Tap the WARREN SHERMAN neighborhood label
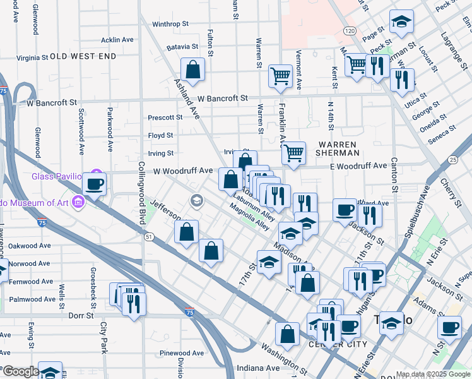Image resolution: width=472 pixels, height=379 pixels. (338, 148)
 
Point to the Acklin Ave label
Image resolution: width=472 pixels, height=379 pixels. (117, 40)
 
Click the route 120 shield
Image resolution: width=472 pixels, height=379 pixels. (349, 30)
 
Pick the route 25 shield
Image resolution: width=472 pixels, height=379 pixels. (453, 160)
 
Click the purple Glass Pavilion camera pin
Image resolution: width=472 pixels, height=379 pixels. (96, 173)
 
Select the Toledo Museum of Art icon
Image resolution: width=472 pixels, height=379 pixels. (78, 202)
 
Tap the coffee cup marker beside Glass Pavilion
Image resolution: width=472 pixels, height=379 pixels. (94, 185)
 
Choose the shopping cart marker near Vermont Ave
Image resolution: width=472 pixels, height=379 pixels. (280, 76)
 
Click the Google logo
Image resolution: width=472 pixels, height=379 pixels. (21, 371)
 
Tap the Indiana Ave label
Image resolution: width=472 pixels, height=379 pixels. (258, 368)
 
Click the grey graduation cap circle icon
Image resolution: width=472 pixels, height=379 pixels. (196, 201)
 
